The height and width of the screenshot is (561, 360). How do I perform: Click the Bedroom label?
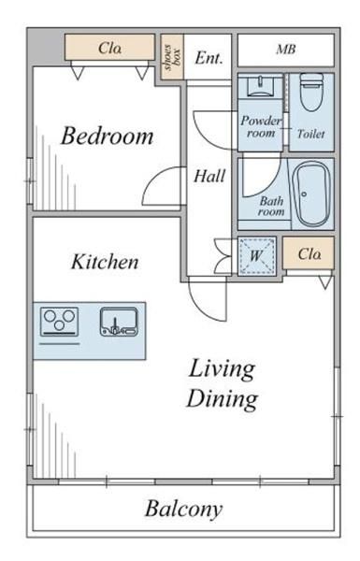[108, 136]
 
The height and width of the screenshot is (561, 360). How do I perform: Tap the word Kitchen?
[105, 262]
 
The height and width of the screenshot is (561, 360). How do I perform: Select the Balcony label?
[183, 509]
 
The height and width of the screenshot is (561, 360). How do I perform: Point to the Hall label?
[209, 176]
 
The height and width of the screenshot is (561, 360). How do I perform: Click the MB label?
[286, 50]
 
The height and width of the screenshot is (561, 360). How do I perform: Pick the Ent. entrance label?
[209, 58]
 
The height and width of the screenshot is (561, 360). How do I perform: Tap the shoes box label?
[172, 57]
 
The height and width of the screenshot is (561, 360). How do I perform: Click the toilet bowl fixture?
[311, 92]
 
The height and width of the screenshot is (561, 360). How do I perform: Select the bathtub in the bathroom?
[311, 194]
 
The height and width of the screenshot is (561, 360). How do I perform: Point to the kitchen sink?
[119, 322]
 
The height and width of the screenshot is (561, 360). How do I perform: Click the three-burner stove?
[60, 322]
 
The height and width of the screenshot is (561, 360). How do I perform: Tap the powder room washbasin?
[261, 87]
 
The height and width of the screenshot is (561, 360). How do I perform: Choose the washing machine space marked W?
[256, 255]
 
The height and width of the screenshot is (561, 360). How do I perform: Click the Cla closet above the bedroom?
[109, 48]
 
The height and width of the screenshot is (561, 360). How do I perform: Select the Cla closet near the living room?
[309, 253]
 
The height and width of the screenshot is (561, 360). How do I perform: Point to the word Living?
[222, 369]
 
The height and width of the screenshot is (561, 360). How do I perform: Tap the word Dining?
[222, 399]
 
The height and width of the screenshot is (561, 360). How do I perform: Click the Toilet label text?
[311, 134]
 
